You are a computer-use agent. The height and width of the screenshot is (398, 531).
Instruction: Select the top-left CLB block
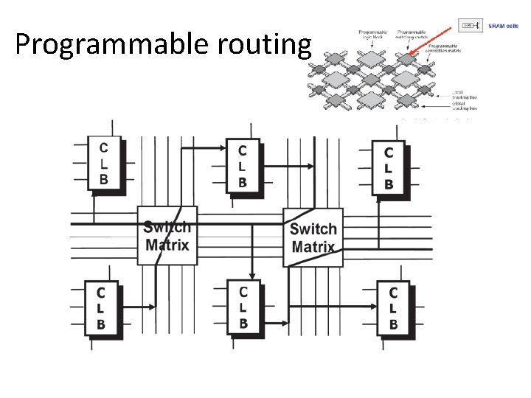coord(103,164)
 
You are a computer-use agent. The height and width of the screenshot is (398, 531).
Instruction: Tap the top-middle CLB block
coord(243,166)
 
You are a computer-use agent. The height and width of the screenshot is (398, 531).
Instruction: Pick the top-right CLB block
coord(388,168)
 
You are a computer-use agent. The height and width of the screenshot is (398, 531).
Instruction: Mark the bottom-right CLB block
coord(393,307)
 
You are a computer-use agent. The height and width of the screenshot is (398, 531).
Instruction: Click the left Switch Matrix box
coord(167,236)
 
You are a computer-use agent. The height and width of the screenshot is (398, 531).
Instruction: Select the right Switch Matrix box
coord(313,237)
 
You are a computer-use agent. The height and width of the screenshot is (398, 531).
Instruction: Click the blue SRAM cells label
coord(504,26)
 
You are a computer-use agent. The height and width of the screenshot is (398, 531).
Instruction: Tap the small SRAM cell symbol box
coord(471,26)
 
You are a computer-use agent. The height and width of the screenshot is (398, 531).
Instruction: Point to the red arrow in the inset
coord(431,41)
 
